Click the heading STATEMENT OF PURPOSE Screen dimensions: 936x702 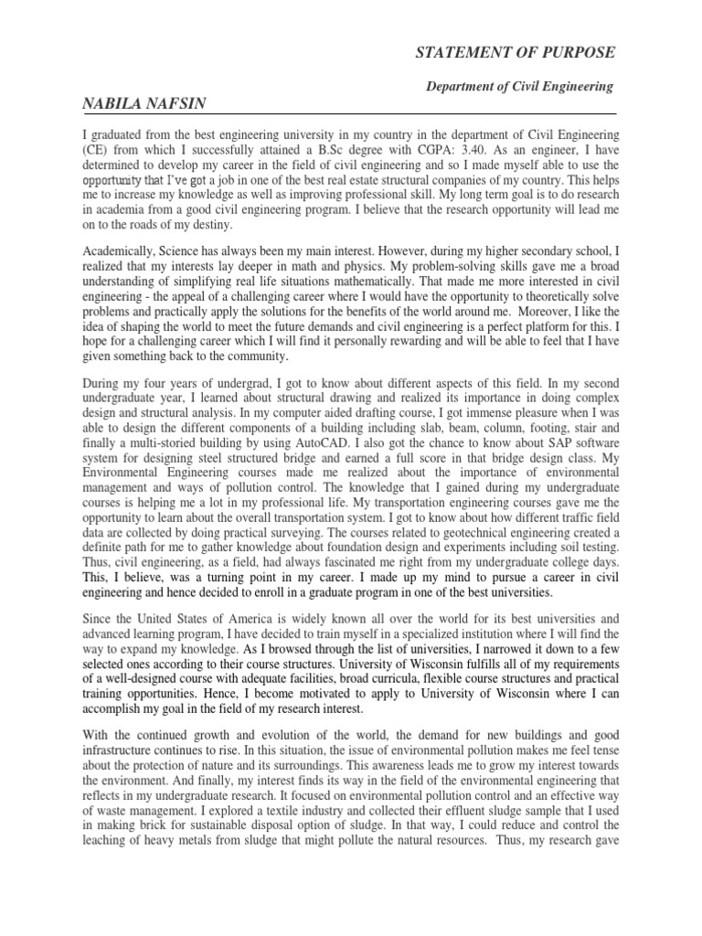[x=516, y=52]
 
